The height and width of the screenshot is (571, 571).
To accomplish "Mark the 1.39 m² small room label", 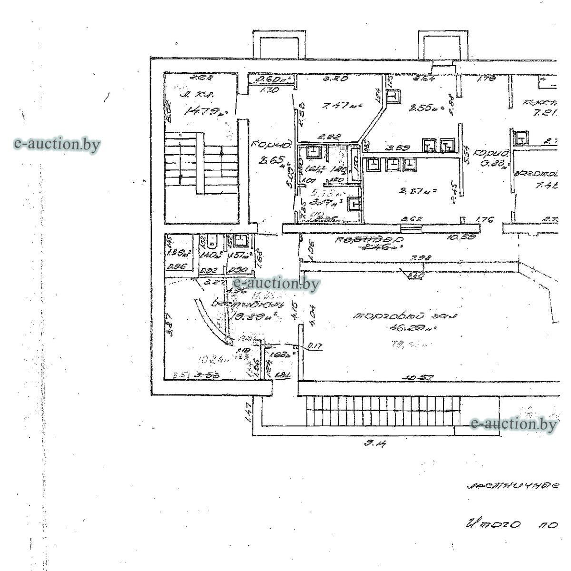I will [x=176, y=254].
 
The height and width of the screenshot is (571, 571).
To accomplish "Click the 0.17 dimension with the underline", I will [x=312, y=346].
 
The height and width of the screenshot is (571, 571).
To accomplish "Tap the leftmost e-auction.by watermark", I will [x=57, y=144].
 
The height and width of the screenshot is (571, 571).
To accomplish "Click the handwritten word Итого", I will [x=492, y=525].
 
